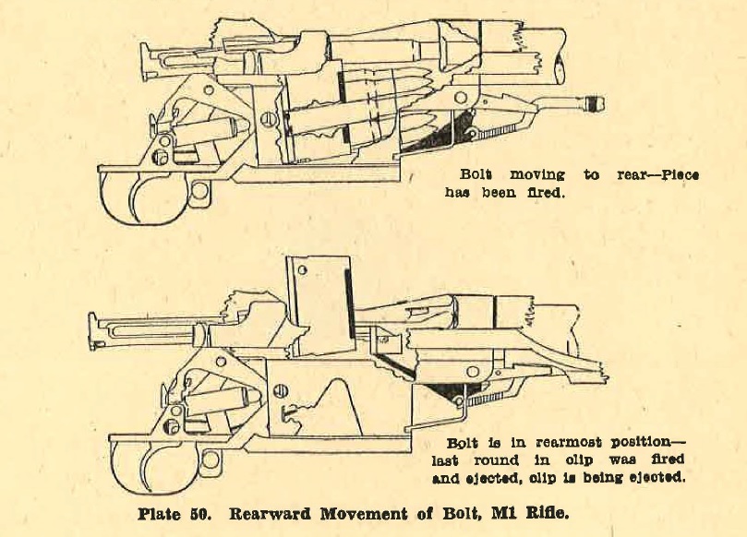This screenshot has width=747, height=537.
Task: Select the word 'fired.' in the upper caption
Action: [x=548, y=195]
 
